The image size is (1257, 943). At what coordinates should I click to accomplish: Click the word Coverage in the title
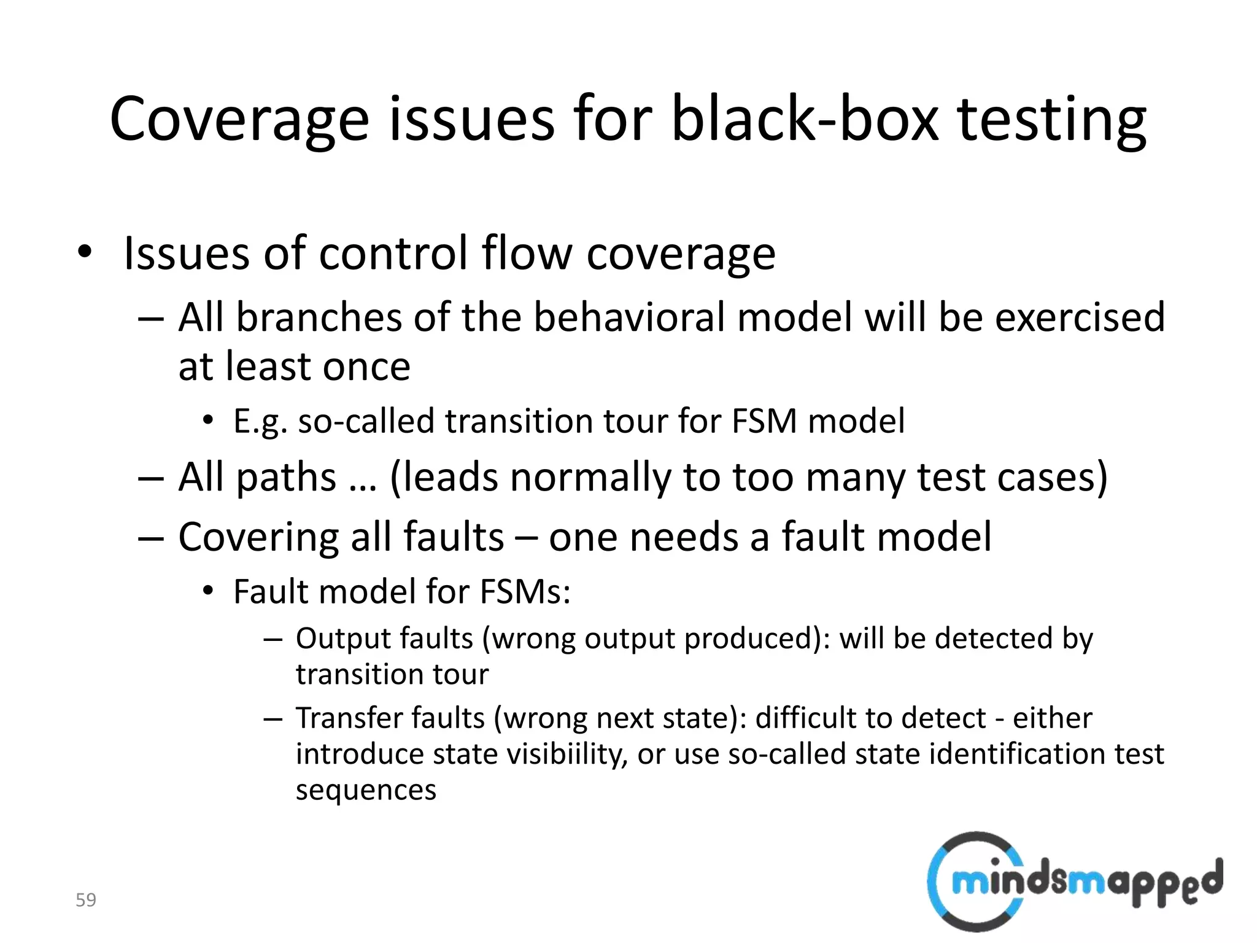coord(239,120)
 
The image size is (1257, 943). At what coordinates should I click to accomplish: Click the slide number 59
coord(86,900)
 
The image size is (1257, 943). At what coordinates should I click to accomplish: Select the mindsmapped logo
coord(1074,882)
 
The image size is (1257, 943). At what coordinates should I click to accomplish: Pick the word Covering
coord(258,536)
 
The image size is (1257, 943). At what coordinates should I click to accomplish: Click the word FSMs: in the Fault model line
coord(525,592)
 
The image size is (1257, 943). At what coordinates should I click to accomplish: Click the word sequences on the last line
coord(366,790)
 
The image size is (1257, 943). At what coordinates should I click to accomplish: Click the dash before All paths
coord(151,478)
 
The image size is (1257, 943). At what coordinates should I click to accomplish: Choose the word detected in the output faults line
coord(994,638)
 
